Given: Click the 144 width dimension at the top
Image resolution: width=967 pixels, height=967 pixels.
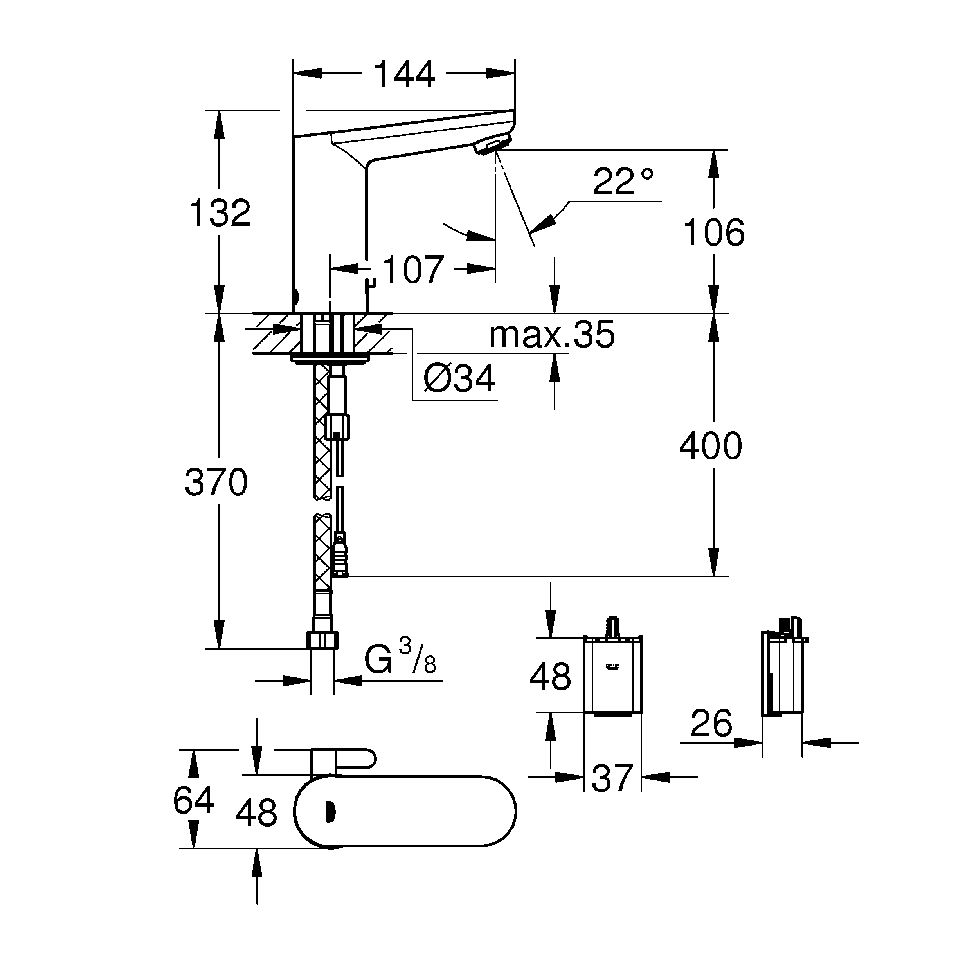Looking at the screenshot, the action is click(404, 74).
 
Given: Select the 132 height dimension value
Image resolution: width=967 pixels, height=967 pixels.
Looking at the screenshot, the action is click(220, 213).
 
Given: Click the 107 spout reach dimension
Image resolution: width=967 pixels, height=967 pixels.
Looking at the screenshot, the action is click(413, 269).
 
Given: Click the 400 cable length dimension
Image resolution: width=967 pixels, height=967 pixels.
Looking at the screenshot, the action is click(711, 445).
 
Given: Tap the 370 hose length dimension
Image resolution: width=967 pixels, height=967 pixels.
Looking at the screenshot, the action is click(216, 482).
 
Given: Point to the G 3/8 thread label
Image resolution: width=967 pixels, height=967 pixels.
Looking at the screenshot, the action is click(400, 657).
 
